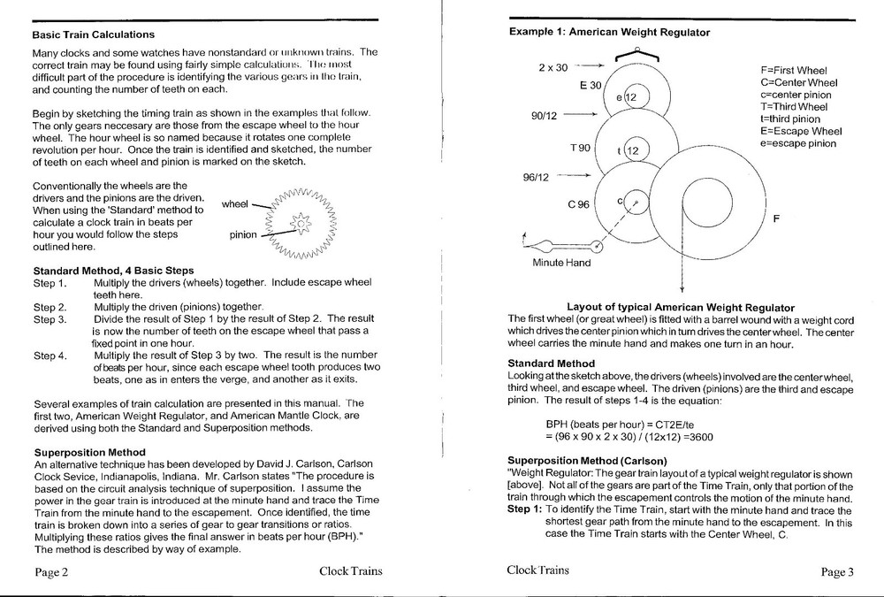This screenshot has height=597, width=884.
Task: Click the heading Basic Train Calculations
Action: (93, 34)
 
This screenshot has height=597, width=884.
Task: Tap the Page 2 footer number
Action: (52, 571)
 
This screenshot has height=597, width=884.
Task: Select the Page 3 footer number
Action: (837, 571)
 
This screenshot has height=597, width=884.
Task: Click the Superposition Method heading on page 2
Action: (89, 452)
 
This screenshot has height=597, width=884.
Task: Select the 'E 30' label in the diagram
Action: (591, 85)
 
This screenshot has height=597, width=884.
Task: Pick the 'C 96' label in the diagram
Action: (579, 204)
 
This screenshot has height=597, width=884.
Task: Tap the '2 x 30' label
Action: (553, 67)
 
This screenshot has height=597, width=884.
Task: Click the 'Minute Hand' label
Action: (561, 263)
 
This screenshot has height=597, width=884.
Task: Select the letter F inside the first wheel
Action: (775, 221)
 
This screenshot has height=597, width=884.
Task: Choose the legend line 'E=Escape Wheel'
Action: (801, 131)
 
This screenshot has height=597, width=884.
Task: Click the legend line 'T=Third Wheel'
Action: (794, 106)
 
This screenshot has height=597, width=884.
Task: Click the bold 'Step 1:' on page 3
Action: (525, 509)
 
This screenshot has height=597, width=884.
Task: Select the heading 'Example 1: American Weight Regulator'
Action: (609, 32)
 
